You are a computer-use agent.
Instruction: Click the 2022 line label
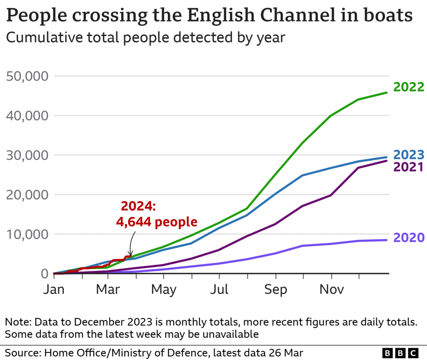point(409,87)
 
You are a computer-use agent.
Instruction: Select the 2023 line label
point(409,155)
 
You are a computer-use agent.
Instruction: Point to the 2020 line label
point(409,238)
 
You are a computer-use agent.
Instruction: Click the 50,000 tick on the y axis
point(28,77)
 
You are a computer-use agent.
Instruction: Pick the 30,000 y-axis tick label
point(28,155)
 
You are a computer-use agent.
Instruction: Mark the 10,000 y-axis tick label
point(28,234)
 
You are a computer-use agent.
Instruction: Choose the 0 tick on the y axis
point(44,274)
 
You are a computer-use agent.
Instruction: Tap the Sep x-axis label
point(275,289)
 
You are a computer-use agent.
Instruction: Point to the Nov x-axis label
point(331,289)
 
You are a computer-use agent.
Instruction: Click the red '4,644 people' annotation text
point(157,222)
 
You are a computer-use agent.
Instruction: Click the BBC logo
point(400,353)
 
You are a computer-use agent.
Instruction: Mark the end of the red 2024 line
point(130,256)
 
